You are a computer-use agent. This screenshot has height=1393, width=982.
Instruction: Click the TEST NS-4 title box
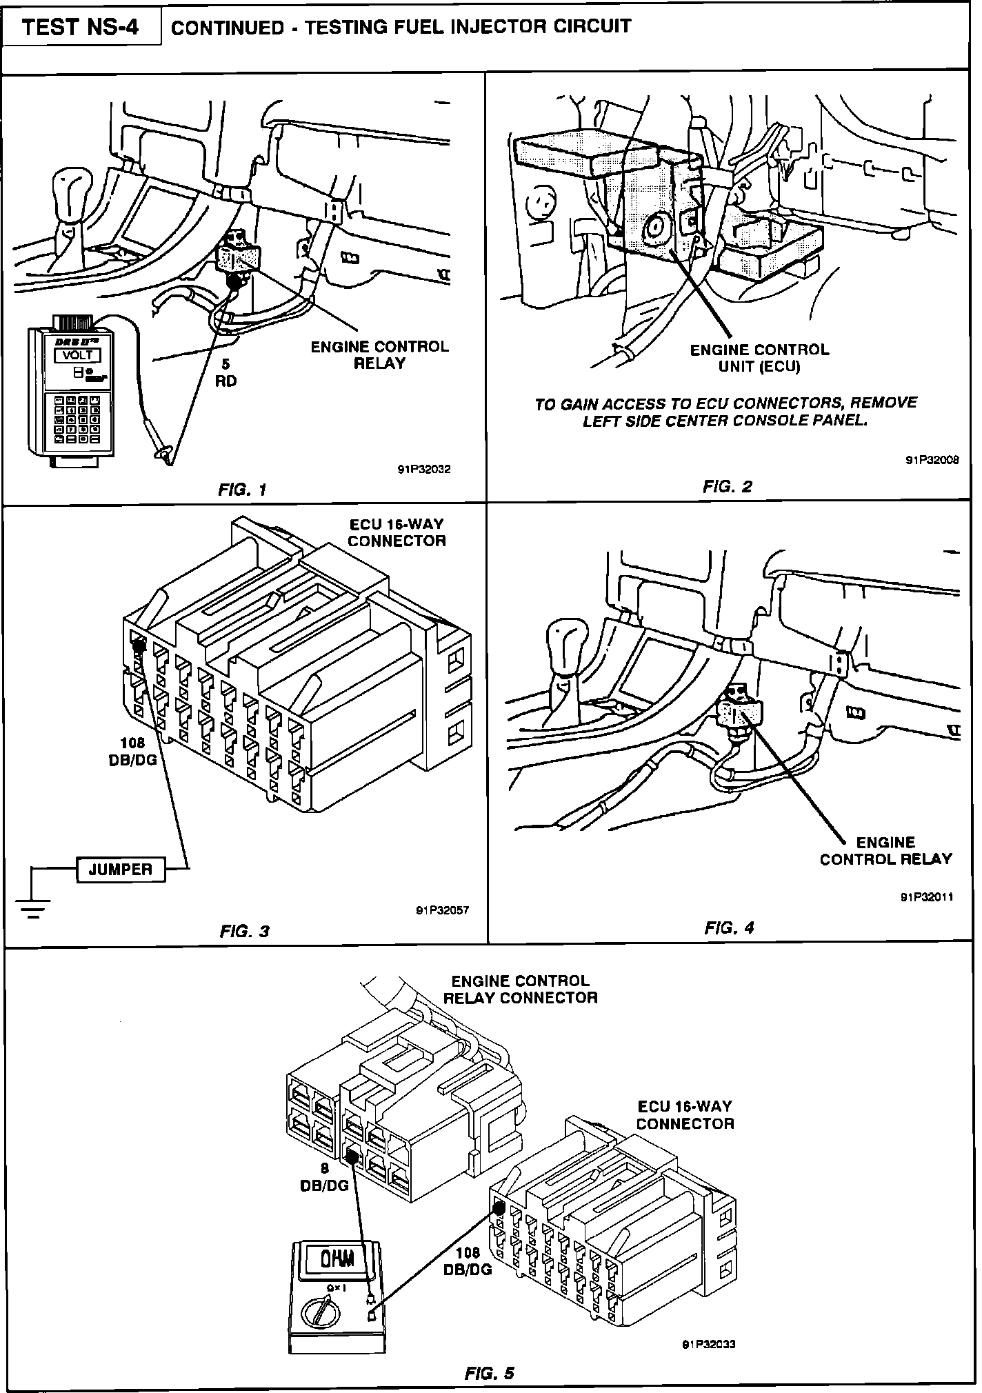(81, 28)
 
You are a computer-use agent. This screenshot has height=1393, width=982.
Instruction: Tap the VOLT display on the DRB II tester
(77, 356)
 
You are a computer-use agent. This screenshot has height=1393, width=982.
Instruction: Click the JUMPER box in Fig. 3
(121, 869)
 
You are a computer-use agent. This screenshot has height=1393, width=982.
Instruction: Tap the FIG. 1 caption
(241, 490)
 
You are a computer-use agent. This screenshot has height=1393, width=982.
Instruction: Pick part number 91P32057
(442, 910)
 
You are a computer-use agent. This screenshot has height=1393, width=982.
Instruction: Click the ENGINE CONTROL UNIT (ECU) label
(759, 358)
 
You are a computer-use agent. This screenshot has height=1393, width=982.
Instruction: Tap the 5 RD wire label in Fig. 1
(226, 372)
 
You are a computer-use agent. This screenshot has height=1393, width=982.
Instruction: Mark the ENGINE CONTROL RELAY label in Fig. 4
(885, 850)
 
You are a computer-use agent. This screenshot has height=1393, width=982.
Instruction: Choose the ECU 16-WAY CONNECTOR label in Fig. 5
(685, 1115)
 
